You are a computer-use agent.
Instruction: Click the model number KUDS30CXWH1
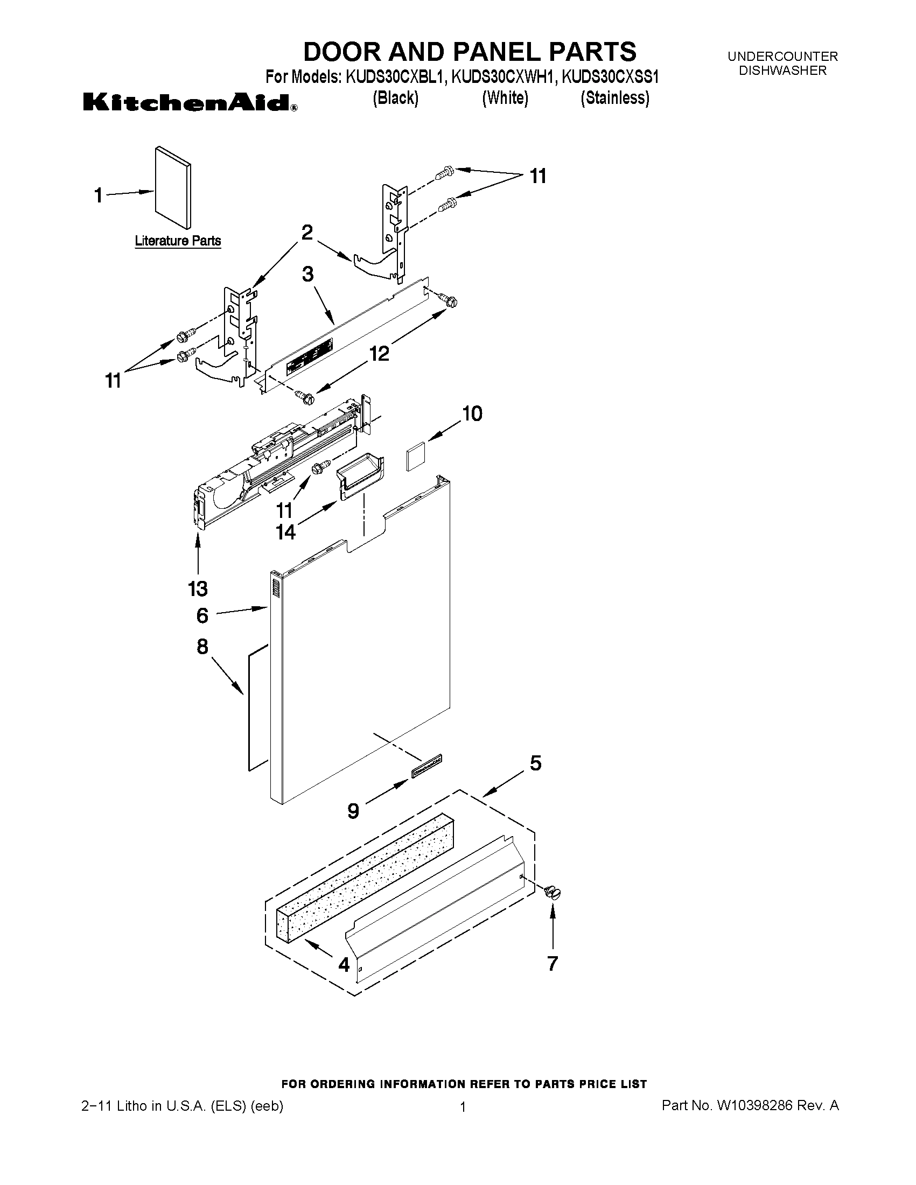click(x=504, y=78)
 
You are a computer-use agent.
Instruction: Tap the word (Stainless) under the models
click(x=614, y=98)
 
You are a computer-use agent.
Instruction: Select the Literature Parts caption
click(x=178, y=241)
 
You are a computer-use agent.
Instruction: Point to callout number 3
click(x=307, y=274)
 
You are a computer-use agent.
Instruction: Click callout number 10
click(x=472, y=414)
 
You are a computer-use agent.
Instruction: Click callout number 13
click(x=198, y=588)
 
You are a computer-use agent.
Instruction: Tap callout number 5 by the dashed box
click(x=535, y=763)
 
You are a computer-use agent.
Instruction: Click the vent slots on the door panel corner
click(x=275, y=588)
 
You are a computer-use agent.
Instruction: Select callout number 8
click(x=202, y=646)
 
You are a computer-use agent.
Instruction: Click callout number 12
click(x=379, y=354)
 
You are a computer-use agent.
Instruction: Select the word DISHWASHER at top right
click(x=782, y=70)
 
